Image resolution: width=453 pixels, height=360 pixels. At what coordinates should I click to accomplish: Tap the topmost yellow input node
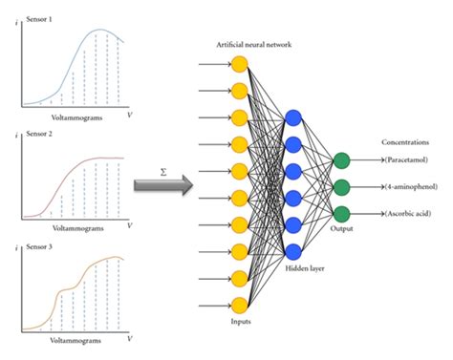pyautogui.click(x=239, y=64)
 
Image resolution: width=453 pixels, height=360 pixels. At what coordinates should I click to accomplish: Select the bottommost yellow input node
pyautogui.click(x=239, y=305)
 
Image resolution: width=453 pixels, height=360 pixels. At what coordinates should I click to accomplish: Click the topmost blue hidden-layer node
pyautogui.click(x=293, y=116)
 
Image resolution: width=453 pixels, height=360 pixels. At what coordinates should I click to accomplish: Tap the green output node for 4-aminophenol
pyautogui.click(x=342, y=185)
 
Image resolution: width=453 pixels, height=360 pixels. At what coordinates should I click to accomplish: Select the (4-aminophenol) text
pyautogui.click(x=414, y=186)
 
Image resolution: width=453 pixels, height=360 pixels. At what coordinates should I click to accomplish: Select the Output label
pyautogui.click(x=342, y=229)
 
